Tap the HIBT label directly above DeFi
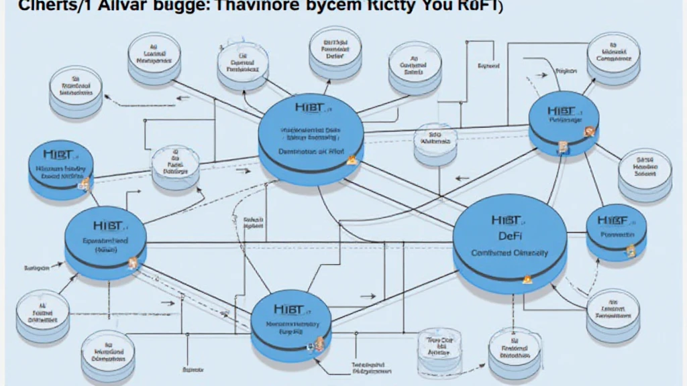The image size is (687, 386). [x=507, y=219]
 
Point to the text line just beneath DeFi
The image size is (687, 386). [x=509, y=253]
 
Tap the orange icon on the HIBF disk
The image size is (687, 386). [x=630, y=251]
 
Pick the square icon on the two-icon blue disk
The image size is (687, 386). [x=562, y=147]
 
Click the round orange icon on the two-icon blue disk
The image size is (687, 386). [x=588, y=131]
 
